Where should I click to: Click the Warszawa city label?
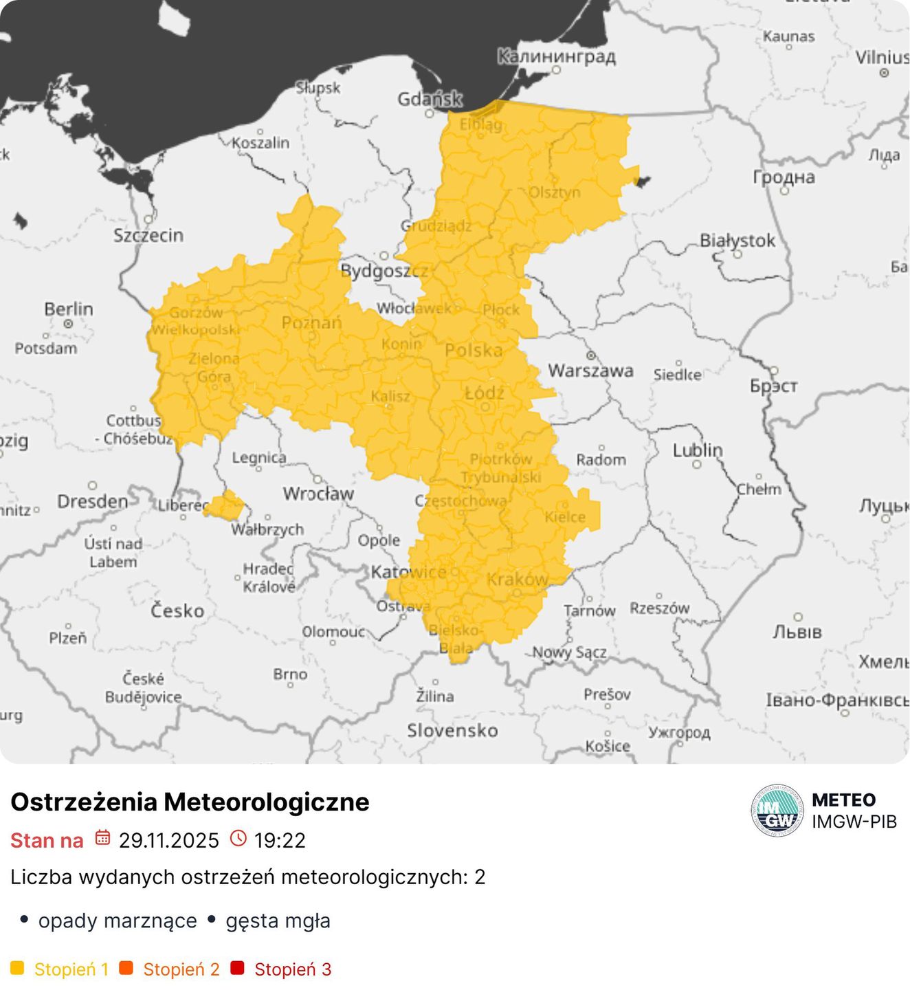(590, 371)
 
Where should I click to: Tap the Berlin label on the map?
(68, 309)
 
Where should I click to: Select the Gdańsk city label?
(430, 99)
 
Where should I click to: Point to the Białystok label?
(737, 241)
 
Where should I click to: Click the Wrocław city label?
(318, 494)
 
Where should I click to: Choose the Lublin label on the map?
(697, 450)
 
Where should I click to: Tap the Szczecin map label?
(148, 235)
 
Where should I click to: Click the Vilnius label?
(882, 57)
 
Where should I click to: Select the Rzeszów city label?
(659, 608)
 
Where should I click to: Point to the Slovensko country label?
(452, 730)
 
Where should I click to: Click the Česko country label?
(177, 610)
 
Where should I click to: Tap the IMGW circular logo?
(777, 811)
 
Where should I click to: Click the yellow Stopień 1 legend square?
(17, 968)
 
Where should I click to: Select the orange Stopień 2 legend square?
(126, 968)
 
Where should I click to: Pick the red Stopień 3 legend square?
(237, 968)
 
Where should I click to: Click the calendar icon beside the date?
(102, 837)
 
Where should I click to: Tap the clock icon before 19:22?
(238, 838)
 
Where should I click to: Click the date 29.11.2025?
(168, 840)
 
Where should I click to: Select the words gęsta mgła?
(278, 921)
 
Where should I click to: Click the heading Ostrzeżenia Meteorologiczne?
(190, 802)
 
